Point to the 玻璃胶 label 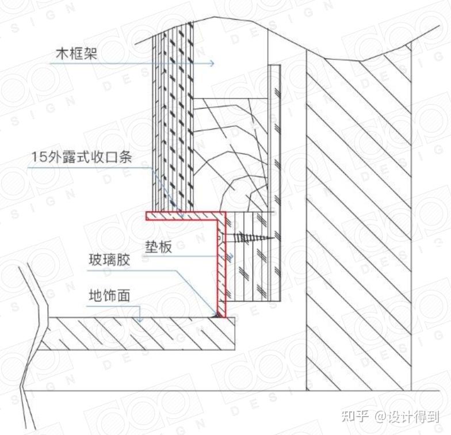tap(109, 260)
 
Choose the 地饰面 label tap(109, 296)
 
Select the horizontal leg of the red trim tap(183, 216)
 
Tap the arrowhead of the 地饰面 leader tap(138, 316)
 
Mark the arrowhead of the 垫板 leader tap(230, 257)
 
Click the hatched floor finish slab tap(138, 334)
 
